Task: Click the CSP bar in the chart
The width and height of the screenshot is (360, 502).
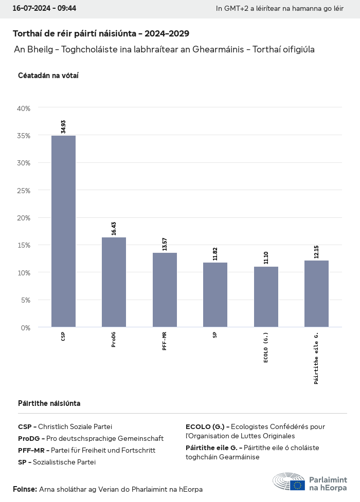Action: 63,231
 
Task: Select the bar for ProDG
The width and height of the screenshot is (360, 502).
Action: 114,282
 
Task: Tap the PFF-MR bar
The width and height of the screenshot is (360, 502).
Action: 165,290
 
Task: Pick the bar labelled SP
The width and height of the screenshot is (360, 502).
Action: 215,295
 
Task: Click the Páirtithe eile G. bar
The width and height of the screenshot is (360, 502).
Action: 316,294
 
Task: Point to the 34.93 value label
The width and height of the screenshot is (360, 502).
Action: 63,126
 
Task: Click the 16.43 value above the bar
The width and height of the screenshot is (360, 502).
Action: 114,228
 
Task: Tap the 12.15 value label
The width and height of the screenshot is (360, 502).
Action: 316,251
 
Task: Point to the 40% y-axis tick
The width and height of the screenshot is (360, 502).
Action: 24,108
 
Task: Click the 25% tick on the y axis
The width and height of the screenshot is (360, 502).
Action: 24,191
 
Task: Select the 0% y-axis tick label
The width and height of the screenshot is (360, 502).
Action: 26,327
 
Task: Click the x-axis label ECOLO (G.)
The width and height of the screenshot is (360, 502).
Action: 266,348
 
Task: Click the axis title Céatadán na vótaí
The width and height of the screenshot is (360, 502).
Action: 48,76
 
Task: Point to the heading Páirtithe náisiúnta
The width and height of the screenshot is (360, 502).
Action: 49,403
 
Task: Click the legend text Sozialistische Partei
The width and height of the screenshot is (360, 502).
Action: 64,462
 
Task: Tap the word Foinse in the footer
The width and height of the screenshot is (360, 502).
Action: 25,489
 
